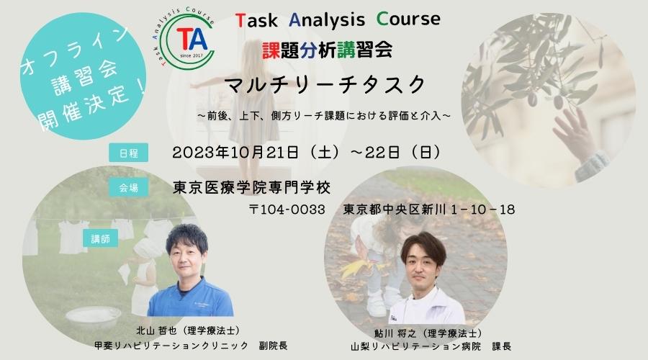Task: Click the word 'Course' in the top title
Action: pyautogui.click(x=408, y=19)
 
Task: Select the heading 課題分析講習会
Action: pyautogui.click(x=327, y=50)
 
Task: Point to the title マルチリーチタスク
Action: pyautogui.click(x=326, y=85)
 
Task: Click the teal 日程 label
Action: pyautogui.click(x=129, y=153)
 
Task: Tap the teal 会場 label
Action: pyautogui.click(x=129, y=188)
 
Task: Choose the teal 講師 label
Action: pyautogui.click(x=100, y=238)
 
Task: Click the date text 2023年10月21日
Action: pyautogui.click(x=235, y=153)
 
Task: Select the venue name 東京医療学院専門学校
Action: pyautogui.click(x=252, y=188)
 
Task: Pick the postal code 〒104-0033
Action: pyautogui.click(x=287, y=210)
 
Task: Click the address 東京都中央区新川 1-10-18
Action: pyautogui.click(x=429, y=210)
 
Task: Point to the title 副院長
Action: pyautogui.click(x=273, y=345)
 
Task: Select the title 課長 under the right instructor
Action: pyautogui.click(x=502, y=346)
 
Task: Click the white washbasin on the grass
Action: pyautogui.click(x=94, y=317)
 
